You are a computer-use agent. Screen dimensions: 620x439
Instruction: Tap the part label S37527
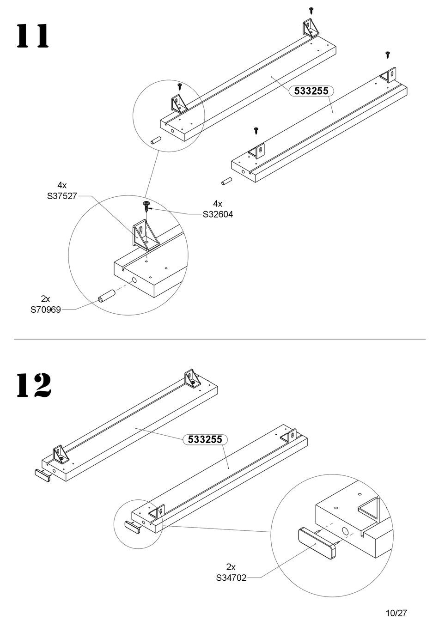pos(62,196)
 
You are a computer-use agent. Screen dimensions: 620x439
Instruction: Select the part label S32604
pos(218,214)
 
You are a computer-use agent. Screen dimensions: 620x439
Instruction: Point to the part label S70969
pos(46,310)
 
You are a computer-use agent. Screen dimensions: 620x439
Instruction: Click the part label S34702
pos(231,577)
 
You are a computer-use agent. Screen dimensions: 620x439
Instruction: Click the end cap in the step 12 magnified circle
pos(317,544)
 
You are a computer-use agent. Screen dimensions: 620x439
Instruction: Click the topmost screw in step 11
pos(311,9)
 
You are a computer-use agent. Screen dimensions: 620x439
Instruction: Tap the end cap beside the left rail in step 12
pos(43,474)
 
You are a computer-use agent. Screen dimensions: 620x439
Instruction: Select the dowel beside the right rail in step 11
pos(226,181)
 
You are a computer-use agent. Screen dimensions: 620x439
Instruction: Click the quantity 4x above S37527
pos(62,186)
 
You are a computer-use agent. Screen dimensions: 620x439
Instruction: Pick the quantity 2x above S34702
pos(231,567)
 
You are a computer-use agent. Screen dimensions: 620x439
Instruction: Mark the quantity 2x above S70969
pos(46,299)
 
